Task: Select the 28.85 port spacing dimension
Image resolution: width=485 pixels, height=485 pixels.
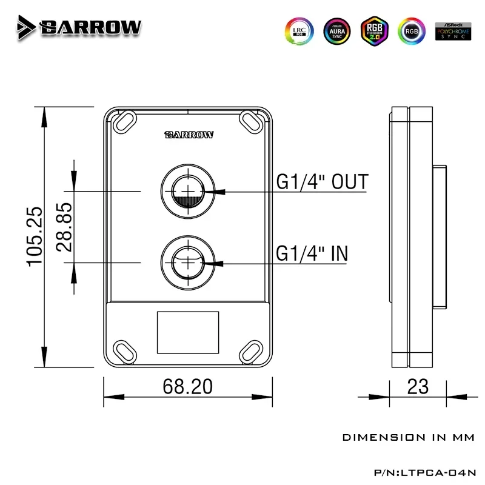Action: click(64, 228)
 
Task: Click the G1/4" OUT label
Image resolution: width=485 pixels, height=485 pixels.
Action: click(322, 181)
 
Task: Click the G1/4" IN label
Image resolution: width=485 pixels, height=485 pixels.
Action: click(312, 253)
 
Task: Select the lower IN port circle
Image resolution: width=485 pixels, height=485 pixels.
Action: click(187, 262)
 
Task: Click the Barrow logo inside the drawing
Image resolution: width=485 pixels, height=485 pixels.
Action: click(188, 135)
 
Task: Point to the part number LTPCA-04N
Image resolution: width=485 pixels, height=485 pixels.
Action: click(436, 469)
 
